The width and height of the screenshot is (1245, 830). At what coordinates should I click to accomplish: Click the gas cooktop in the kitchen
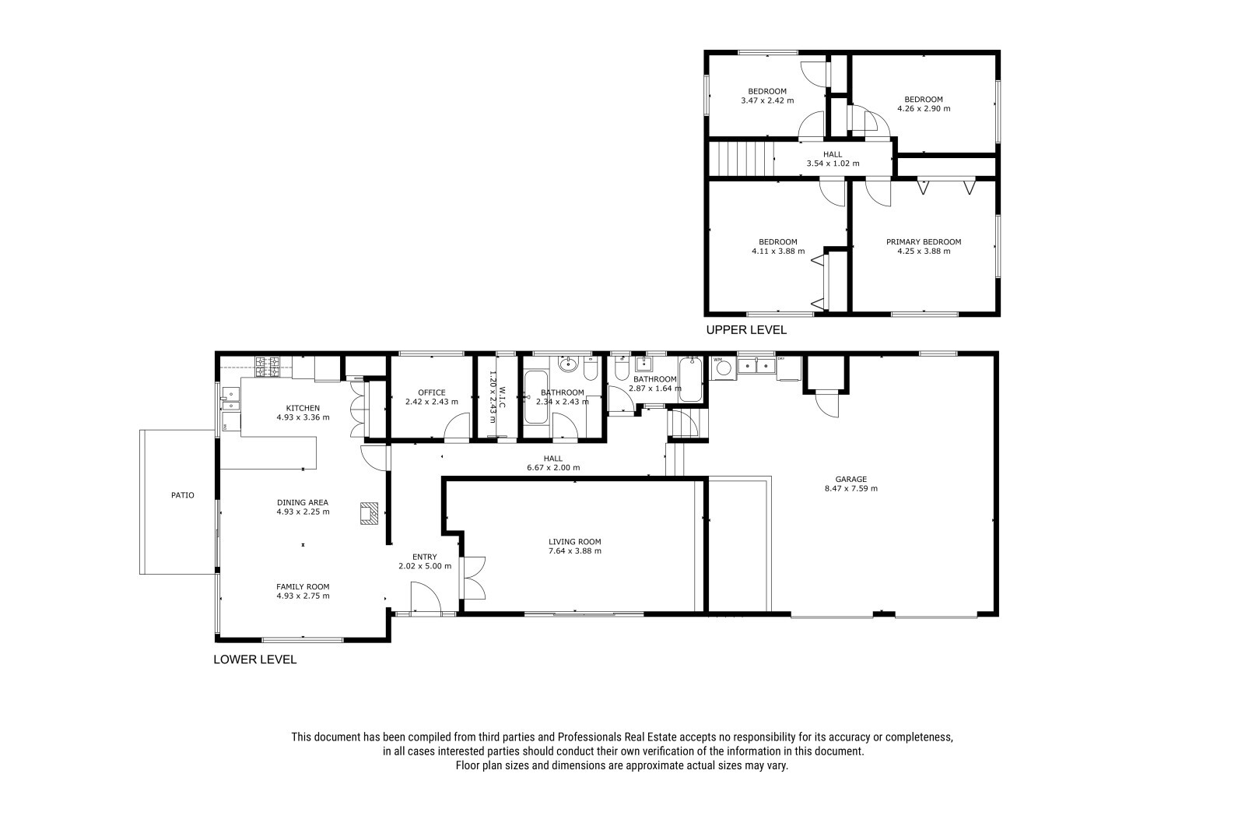267,368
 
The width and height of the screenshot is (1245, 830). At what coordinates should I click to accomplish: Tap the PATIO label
182,495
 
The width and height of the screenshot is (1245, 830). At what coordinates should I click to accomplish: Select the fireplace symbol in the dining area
369,513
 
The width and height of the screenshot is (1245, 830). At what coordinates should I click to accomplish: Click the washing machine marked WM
723,368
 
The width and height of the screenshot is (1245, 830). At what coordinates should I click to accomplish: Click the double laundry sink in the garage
756,365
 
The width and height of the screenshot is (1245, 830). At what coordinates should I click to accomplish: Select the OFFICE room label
432,392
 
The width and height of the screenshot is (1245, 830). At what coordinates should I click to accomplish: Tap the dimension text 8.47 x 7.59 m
851,488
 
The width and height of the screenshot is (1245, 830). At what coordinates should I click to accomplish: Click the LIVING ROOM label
575,541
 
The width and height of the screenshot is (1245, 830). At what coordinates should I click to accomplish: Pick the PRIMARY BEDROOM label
924,241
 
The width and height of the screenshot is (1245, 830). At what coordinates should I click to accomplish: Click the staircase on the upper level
742,158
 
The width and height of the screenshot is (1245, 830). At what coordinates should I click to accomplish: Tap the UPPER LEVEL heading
746,330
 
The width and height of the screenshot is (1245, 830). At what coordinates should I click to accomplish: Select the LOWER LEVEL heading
255,659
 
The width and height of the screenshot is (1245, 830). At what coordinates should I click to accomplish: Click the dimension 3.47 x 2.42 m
767,100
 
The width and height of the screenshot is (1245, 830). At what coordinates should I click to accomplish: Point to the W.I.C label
502,398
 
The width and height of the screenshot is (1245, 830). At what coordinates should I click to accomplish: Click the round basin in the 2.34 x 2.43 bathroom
567,365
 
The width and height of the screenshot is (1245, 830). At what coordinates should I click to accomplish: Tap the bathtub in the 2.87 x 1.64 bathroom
689,379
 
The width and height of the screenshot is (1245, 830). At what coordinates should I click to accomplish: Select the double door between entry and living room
474,578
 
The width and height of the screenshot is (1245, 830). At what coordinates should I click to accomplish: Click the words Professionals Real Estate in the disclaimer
617,737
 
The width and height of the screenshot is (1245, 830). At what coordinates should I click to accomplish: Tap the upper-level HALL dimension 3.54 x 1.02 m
833,164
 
